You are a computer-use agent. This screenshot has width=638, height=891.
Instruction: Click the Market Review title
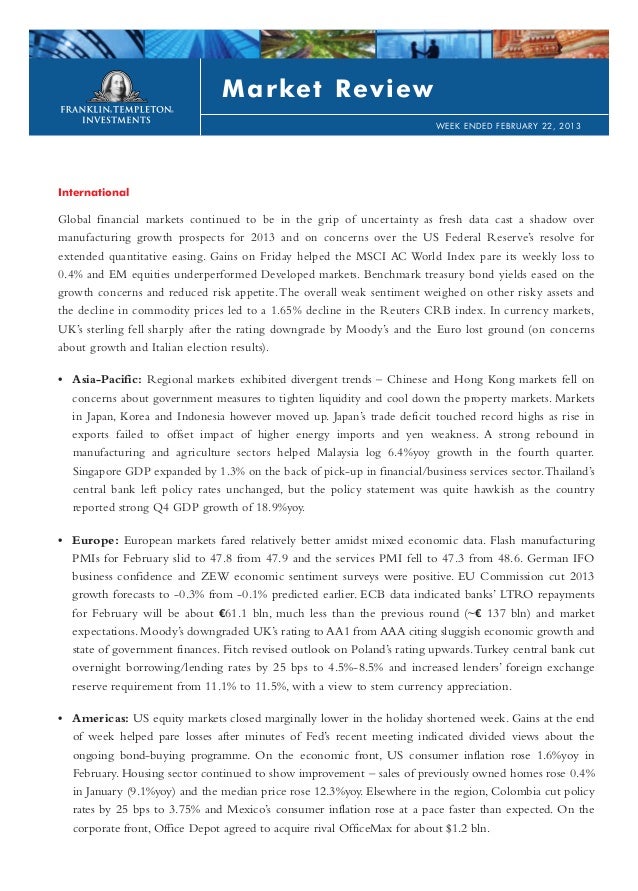point(328,90)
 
